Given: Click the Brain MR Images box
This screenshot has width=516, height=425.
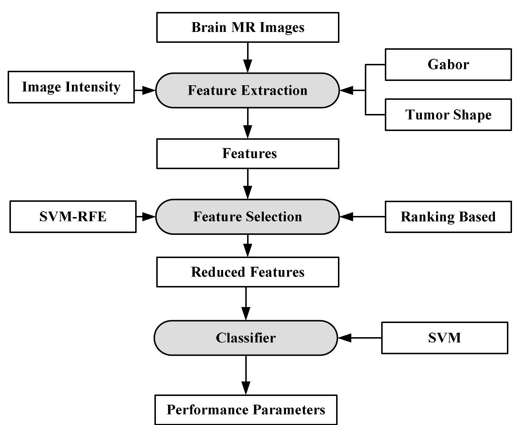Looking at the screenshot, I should pos(247,28).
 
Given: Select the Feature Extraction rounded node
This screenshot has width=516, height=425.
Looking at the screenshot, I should pos(247,90).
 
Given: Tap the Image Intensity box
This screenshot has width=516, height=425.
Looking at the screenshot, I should pos(71,87).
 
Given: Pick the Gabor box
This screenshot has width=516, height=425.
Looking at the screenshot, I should pos(448,65).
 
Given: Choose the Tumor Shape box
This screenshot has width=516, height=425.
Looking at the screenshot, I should pos(448,115).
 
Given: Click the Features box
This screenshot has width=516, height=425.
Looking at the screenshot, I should pos(247,154).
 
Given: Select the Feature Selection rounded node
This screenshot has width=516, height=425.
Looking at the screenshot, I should pos(247,217).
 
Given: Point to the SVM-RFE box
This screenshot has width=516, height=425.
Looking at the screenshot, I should pos(73,217).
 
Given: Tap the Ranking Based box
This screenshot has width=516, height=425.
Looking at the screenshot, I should pos(448,217).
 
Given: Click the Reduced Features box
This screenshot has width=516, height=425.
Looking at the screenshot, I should pos(247,272).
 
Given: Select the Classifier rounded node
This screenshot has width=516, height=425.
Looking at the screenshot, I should pos(246,338).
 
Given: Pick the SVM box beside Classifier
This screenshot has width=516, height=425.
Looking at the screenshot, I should pos(444,338).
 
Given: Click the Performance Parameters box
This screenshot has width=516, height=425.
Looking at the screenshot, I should pos(246,410).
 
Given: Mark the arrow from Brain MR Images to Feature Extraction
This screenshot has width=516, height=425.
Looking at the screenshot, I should pos(247,58).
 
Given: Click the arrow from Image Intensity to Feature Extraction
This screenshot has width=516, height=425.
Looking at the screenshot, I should pos(145,90).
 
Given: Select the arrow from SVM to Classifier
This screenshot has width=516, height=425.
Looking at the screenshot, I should pos(360,338).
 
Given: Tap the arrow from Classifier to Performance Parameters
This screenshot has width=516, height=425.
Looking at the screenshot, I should pos(246,375).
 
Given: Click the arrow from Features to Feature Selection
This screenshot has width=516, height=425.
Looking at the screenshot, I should pos(247,184).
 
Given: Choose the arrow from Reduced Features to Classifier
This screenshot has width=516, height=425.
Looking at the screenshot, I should pos(246,304).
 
